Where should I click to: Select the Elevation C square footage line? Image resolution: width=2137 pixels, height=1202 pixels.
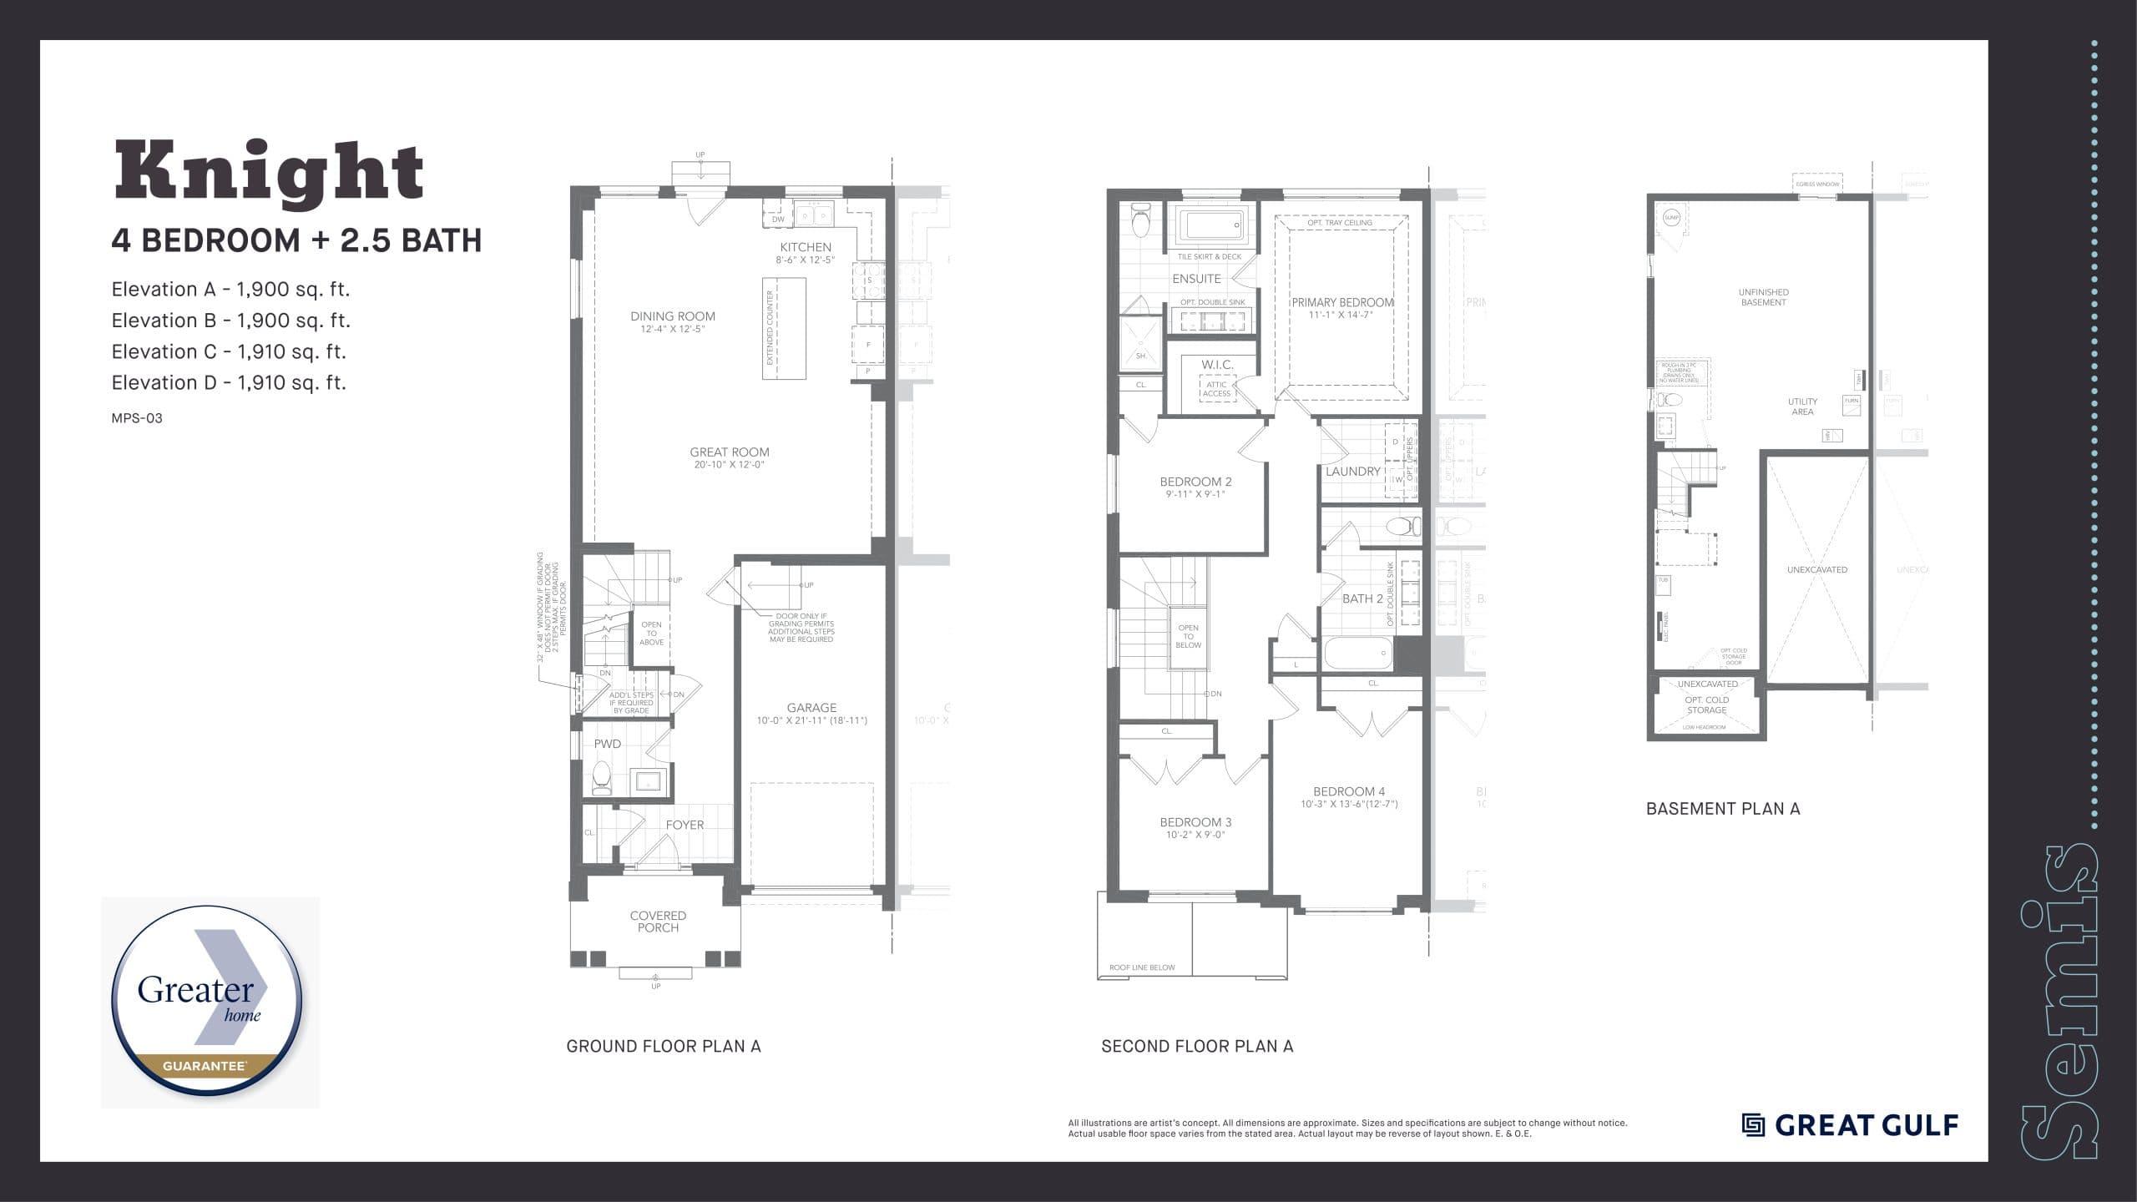pos(229,351)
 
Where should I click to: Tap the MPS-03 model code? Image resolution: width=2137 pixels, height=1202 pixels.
pos(137,418)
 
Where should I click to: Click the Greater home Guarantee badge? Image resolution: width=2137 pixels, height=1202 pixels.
pos(209,1002)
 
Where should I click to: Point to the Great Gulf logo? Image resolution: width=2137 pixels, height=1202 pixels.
pos(1850,1125)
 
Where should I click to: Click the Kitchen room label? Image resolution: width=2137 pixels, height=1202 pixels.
pos(805,247)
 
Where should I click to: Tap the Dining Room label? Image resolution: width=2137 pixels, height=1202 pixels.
pos(673,316)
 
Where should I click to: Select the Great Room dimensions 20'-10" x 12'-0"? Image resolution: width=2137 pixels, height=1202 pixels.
pos(729,465)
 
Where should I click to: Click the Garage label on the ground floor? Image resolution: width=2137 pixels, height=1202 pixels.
pos(811,708)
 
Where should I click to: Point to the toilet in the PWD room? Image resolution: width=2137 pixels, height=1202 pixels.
pos(602,776)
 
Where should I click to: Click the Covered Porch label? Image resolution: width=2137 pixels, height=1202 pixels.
pos(658,922)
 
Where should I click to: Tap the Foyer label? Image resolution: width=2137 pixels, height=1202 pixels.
pos(685,825)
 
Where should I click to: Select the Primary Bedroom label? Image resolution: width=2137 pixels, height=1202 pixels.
pos(1342,302)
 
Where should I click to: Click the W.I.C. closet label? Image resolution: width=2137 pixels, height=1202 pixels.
pos(1217,365)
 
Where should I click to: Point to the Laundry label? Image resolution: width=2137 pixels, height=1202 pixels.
pos(1352,472)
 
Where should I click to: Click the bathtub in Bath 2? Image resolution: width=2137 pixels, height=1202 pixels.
pos(1358,653)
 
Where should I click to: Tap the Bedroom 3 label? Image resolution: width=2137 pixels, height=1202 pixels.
pos(1195,822)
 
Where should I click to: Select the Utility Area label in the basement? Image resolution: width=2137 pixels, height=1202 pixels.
pos(1802,407)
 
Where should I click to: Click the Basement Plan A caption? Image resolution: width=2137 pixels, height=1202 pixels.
pos(1723,809)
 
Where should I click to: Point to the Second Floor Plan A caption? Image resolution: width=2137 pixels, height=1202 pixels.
pos(1197,1046)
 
